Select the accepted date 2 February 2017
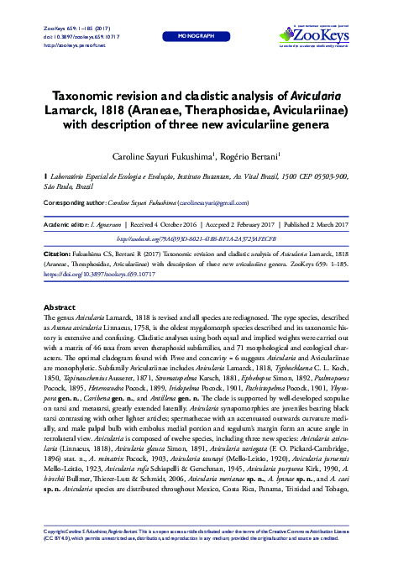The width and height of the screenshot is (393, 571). pos(249,226)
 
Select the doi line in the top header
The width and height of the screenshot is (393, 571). pos(75,36)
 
